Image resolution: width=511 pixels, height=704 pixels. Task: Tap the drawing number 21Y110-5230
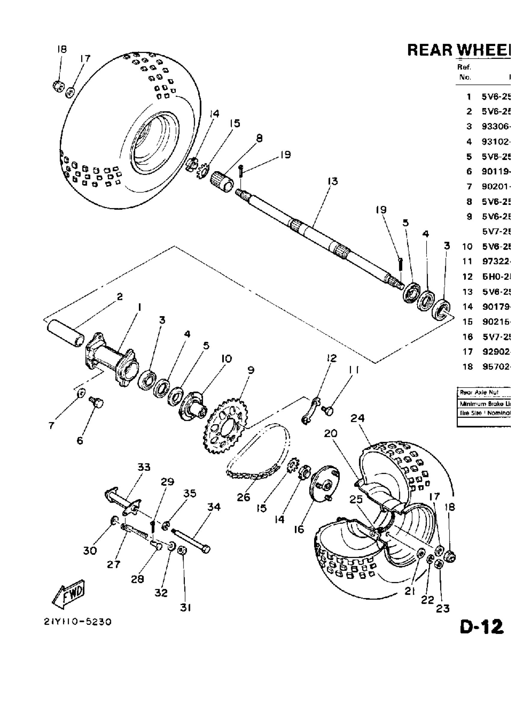pyautogui.click(x=78, y=622)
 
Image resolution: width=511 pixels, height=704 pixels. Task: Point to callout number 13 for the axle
pyautogui.click(x=333, y=181)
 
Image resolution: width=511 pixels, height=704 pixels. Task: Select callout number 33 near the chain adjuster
pyautogui.click(x=144, y=467)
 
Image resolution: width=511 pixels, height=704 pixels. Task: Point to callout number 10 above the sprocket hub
pyautogui.click(x=226, y=359)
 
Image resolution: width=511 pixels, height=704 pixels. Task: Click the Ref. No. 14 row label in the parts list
pyautogui.click(x=468, y=307)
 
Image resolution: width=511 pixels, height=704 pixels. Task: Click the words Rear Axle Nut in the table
pyautogui.click(x=479, y=392)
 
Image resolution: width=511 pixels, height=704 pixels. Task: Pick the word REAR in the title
pyautogui.click(x=430, y=50)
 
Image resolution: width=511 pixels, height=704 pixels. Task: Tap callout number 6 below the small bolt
pyautogui.click(x=80, y=440)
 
